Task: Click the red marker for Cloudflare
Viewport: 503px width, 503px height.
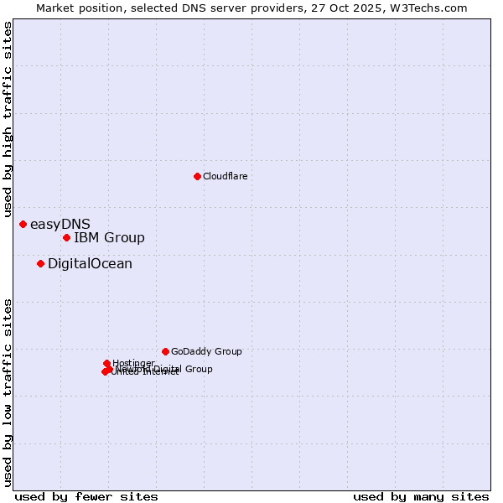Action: click(x=197, y=176)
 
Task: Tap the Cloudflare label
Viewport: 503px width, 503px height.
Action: click(x=225, y=176)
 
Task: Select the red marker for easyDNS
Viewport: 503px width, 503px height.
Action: click(x=23, y=224)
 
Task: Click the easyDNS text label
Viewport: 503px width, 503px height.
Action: click(x=60, y=224)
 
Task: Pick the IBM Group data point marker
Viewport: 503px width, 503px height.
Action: click(x=66, y=237)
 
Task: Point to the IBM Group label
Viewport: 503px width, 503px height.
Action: click(x=109, y=237)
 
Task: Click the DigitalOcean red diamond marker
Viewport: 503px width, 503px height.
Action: click(x=40, y=263)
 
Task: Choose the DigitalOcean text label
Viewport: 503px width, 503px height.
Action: click(x=90, y=263)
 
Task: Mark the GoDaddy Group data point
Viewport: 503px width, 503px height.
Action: click(x=165, y=351)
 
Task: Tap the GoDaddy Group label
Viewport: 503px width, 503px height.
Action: click(x=206, y=351)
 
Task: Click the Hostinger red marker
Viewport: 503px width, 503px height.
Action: click(x=106, y=363)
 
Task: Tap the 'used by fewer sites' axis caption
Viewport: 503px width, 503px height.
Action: click(x=86, y=496)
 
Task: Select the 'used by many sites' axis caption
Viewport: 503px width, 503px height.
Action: click(x=421, y=496)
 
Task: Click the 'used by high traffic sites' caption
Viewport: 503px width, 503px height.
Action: click(x=8, y=120)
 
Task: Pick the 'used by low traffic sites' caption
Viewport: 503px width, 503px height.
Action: click(x=8, y=392)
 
